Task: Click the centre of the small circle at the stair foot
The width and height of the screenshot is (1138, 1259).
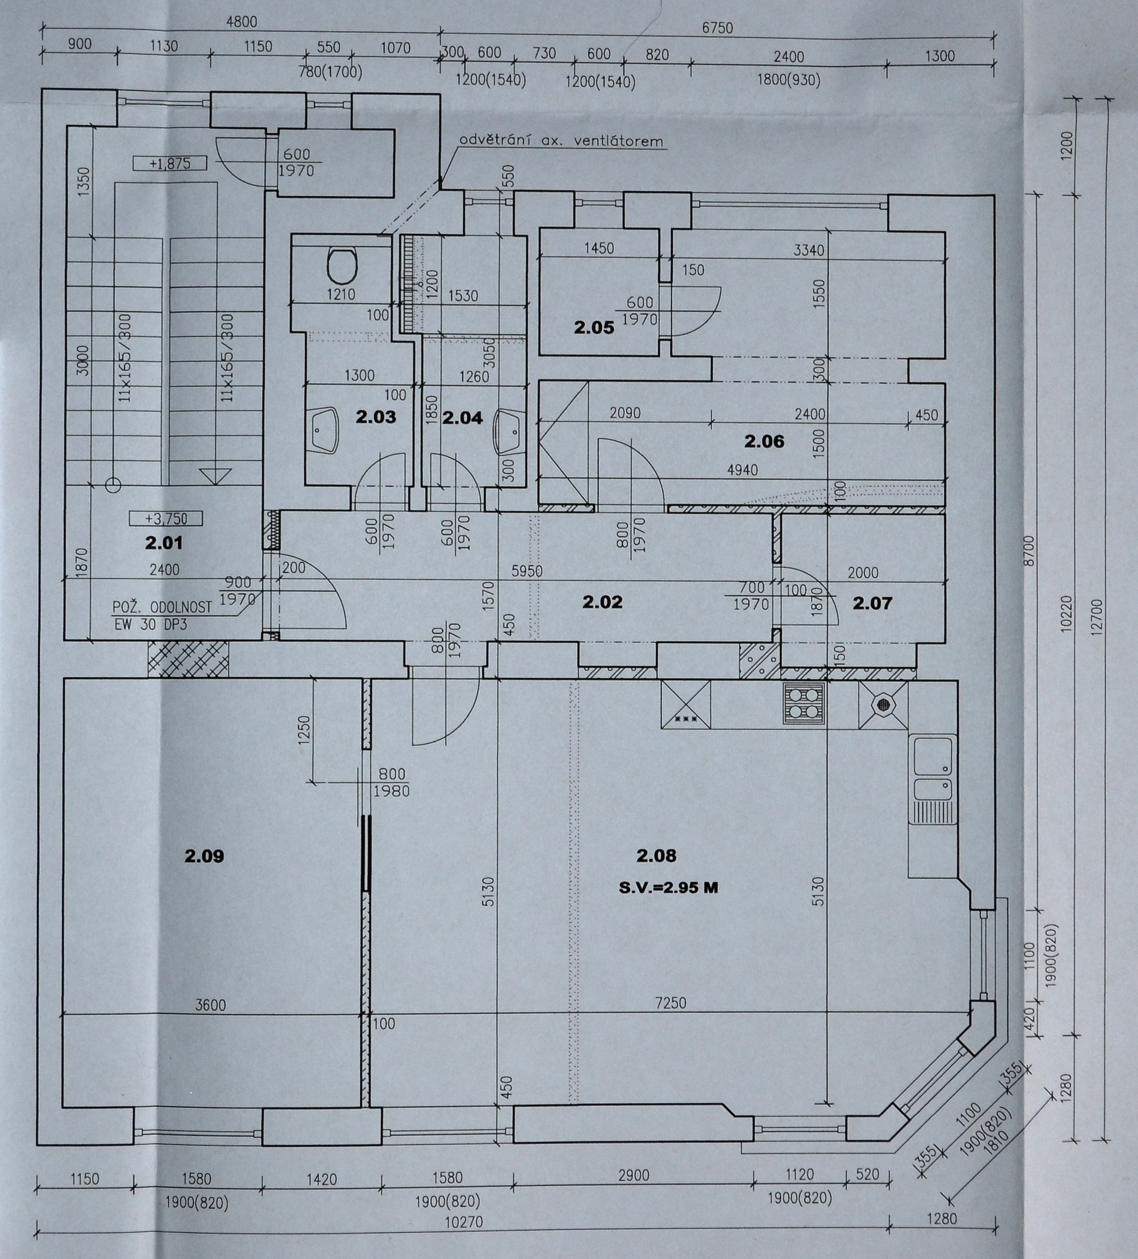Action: (113, 483)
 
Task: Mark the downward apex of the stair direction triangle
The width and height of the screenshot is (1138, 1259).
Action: (214, 484)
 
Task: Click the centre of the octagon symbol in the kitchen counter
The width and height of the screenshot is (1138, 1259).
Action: (883, 704)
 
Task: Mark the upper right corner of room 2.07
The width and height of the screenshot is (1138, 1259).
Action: (944, 514)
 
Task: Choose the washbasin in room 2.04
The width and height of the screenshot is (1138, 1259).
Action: (507, 431)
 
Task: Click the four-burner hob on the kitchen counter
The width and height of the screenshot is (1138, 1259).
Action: (804, 703)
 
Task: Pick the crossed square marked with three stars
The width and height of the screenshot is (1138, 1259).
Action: (686, 704)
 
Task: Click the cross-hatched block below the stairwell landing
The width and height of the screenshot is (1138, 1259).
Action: (188, 658)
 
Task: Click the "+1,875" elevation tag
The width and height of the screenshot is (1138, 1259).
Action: (170, 164)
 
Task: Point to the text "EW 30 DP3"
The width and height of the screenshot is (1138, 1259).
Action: (150, 625)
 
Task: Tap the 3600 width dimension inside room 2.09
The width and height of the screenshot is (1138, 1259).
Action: (211, 1005)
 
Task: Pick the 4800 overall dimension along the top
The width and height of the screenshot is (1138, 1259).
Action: (241, 22)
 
